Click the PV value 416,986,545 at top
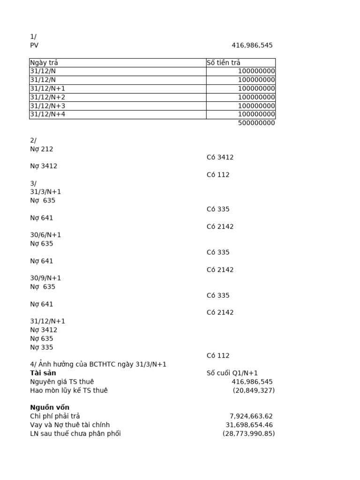(x=252, y=45)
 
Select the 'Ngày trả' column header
(x=44, y=63)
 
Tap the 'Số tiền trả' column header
(x=224, y=63)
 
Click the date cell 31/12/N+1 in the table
(x=47, y=89)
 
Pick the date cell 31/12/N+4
(x=47, y=114)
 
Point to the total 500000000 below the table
(x=256, y=123)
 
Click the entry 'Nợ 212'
(x=42, y=149)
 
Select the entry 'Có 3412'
(x=220, y=157)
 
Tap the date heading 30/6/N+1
(x=45, y=235)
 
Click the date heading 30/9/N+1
(x=45, y=278)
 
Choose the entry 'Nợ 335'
(x=42, y=347)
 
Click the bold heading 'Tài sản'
(x=43, y=373)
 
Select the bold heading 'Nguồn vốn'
(x=50, y=407)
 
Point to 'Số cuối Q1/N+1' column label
(x=232, y=373)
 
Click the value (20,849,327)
(x=254, y=390)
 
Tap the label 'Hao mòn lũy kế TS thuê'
(x=69, y=390)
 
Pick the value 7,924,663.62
(x=251, y=416)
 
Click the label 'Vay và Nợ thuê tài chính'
(x=70, y=425)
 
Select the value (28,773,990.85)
(x=248, y=434)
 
